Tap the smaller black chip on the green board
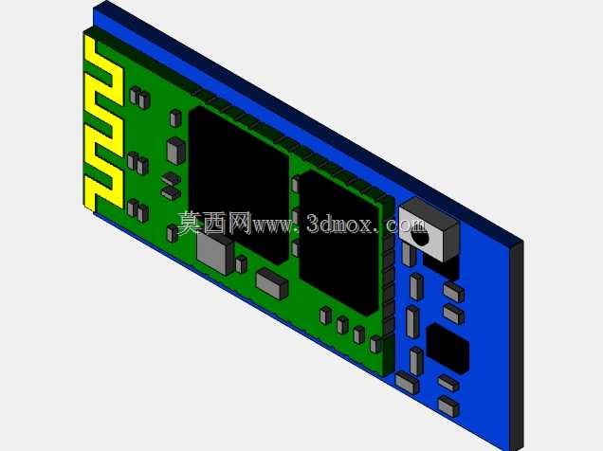tap(339, 242)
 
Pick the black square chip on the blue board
tap(448, 349)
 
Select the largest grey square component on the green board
tap(214, 252)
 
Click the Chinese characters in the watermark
tap(214, 223)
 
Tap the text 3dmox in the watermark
tap(339, 224)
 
